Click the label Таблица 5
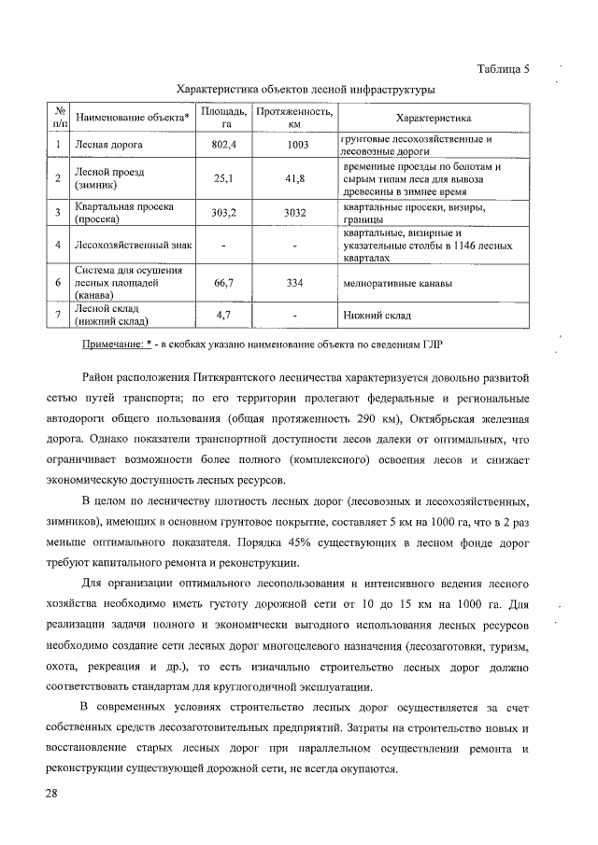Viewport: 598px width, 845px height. (x=503, y=70)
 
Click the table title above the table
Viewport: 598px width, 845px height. (x=306, y=90)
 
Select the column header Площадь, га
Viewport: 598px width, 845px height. (x=225, y=118)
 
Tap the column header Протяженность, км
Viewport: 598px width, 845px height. (x=294, y=118)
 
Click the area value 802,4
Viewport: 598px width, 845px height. (x=225, y=146)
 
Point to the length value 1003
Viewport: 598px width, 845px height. (x=294, y=146)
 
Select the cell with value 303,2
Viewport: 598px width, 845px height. (x=225, y=212)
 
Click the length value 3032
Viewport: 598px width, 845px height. (x=294, y=212)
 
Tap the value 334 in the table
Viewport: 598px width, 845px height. (x=294, y=281)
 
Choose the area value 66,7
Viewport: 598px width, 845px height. (x=225, y=281)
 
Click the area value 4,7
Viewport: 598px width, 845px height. (x=225, y=316)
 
